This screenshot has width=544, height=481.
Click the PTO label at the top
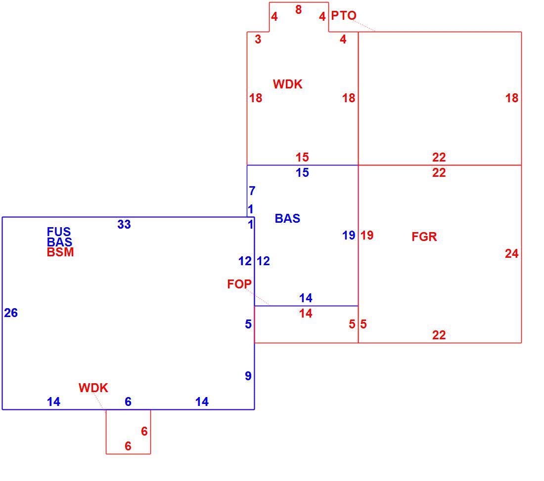tap(344, 16)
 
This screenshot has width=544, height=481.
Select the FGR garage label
tap(424, 237)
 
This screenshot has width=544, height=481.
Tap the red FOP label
tap(239, 284)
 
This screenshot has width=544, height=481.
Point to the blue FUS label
tap(59, 231)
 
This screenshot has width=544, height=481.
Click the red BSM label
tap(60, 252)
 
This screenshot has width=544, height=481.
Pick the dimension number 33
tap(124, 225)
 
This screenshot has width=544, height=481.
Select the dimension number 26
tap(11, 313)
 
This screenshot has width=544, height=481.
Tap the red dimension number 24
tap(512, 254)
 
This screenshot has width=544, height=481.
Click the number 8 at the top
tap(298, 10)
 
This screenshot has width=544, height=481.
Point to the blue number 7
tap(252, 191)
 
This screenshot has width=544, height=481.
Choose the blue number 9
tap(248, 376)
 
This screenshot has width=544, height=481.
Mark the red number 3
tap(258, 40)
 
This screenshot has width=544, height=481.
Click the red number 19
tap(367, 235)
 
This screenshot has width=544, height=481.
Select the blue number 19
tap(349, 235)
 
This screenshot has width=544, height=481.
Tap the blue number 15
tap(302, 172)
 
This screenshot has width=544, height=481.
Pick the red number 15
tap(302, 158)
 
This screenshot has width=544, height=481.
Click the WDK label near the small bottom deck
tap(93, 388)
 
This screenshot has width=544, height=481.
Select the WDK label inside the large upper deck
tap(288, 84)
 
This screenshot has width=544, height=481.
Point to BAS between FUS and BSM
tap(59, 241)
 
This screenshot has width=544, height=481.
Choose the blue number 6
tap(128, 401)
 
